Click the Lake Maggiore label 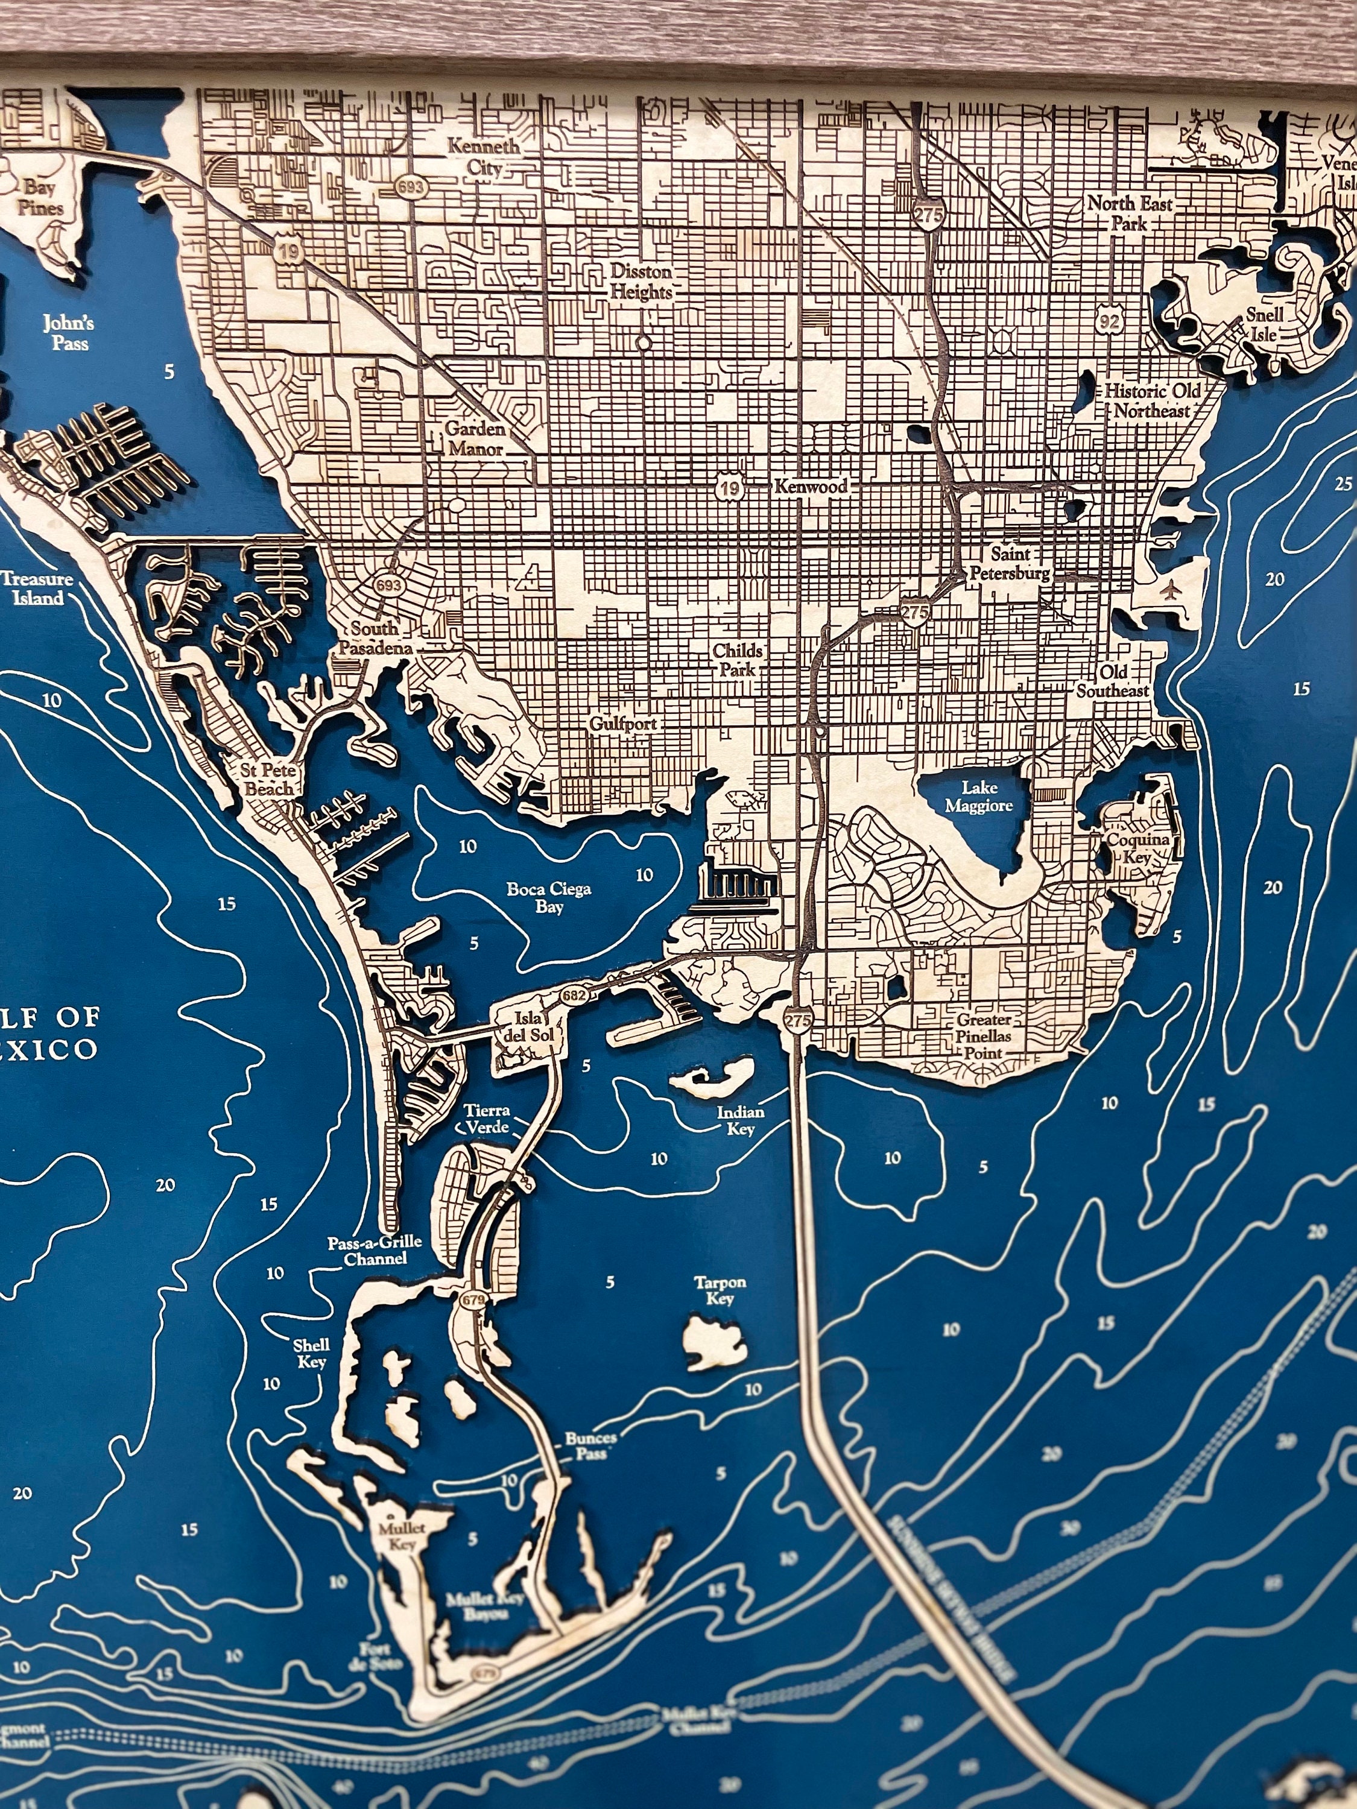tap(978, 797)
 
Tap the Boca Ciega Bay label tap(548, 897)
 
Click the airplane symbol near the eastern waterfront tap(1172, 588)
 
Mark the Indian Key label tap(740, 1120)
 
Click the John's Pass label tap(69, 332)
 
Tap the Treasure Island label tap(36, 588)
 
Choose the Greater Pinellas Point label tap(984, 1035)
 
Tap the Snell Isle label tap(1265, 324)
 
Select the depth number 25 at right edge tap(1343, 484)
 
